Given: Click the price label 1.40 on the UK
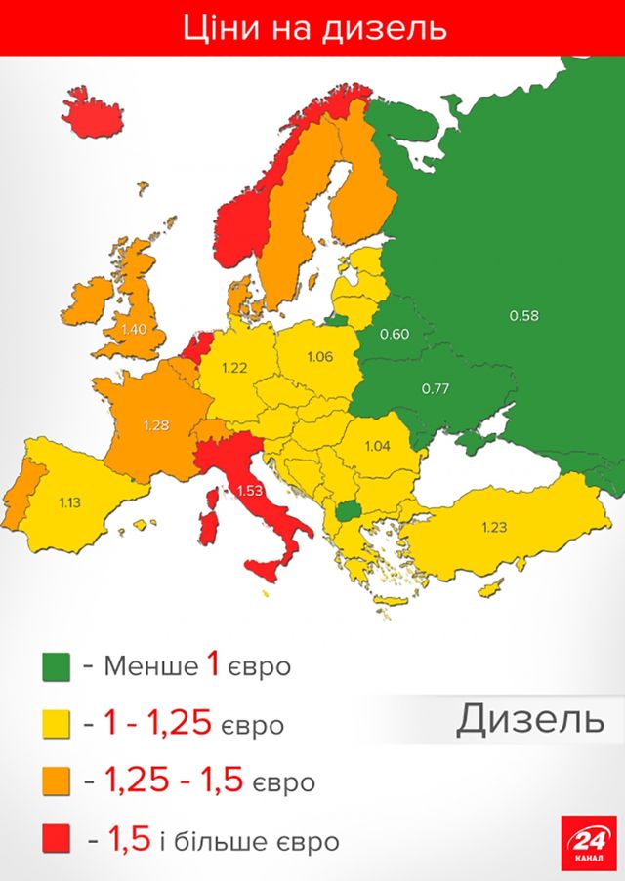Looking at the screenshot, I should point(134,329).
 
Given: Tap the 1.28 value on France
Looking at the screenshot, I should point(156,425).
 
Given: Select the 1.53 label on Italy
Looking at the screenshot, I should point(251,490).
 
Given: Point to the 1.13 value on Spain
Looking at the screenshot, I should point(69,502).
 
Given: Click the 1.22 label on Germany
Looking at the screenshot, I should point(234,368).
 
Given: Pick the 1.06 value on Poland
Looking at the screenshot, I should point(319,356).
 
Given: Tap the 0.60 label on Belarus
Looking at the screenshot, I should point(394,335).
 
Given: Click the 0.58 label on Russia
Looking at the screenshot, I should point(523,315).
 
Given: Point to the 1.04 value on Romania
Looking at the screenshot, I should point(377,446).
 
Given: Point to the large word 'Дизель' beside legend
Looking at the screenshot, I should point(529,720).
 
